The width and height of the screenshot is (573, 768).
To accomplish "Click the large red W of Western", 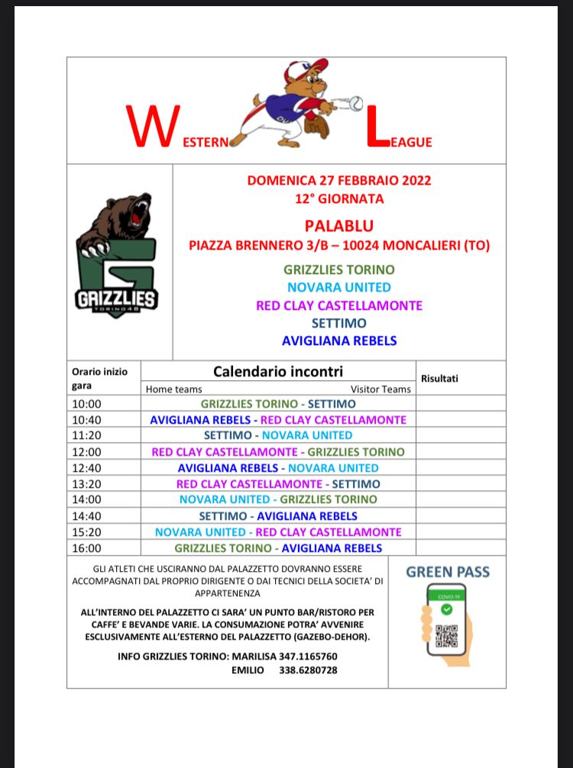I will click(x=154, y=127).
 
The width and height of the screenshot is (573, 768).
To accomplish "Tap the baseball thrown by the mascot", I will click(x=356, y=102).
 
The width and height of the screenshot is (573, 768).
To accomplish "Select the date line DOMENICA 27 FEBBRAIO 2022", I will click(x=339, y=181).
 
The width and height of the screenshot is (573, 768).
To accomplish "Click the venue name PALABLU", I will click(x=339, y=226).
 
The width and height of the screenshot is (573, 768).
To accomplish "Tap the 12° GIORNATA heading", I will click(x=339, y=199).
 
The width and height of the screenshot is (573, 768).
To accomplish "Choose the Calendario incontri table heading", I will click(x=278, y=372).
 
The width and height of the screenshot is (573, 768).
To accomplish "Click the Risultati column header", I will click(x=440, y=378).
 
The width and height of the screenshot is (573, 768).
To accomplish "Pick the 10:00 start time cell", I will click(x=86, y=404).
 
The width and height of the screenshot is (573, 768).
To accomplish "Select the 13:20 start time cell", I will click(x=86, y=484).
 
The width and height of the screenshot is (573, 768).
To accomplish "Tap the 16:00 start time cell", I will click(x=86, y=548).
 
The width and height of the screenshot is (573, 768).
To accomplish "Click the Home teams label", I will click(x=174, y=389).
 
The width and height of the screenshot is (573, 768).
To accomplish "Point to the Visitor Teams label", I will click(x=380, y=389).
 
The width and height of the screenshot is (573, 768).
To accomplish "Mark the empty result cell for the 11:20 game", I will click(x=461, y=436).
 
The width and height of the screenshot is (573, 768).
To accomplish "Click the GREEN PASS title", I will click(x=448, y=572).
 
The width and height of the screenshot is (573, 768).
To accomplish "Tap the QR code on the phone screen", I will click(x=446, y=635).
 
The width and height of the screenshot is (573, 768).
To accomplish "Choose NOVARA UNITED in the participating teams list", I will click(x=339, y=288).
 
